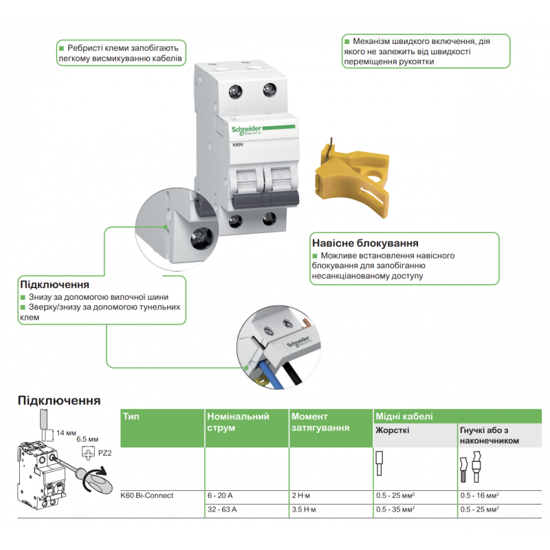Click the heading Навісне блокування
tap(365, 243)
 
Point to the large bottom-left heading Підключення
tap(59, 400)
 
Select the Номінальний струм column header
tap(237, 421)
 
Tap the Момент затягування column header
tap(320, 421)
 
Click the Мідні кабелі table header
tap(404, 417)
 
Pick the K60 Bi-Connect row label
tap(146, 495)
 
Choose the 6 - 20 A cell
tap(220, 495)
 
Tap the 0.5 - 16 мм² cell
tap(478, 495)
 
